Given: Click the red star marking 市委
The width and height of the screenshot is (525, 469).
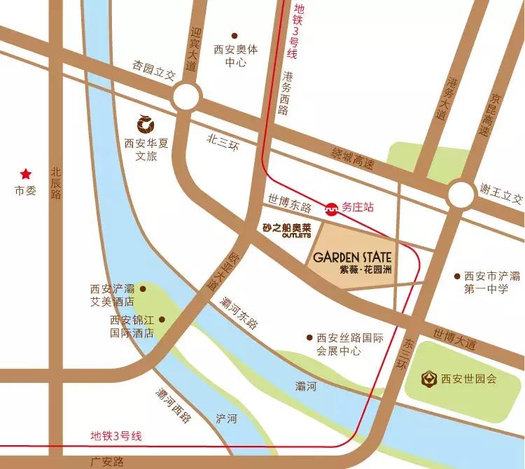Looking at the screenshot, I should [25, 174].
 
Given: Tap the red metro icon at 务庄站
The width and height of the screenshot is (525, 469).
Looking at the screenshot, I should [330, 207].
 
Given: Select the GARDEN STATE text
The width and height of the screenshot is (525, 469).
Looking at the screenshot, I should [351, 256].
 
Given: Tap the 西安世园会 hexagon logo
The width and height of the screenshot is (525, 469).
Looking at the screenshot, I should [426, 379].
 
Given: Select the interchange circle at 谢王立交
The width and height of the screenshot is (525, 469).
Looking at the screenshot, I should [461, 194].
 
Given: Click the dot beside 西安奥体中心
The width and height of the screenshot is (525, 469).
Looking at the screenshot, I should [234, 35].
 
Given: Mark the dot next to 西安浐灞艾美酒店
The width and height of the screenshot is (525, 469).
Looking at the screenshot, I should [143, 288].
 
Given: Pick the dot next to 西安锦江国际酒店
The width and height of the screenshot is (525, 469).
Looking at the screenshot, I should [162, 320].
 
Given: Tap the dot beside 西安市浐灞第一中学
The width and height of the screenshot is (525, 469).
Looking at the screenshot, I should [457, 276].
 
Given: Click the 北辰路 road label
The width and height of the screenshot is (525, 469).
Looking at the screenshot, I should [57, 183].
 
